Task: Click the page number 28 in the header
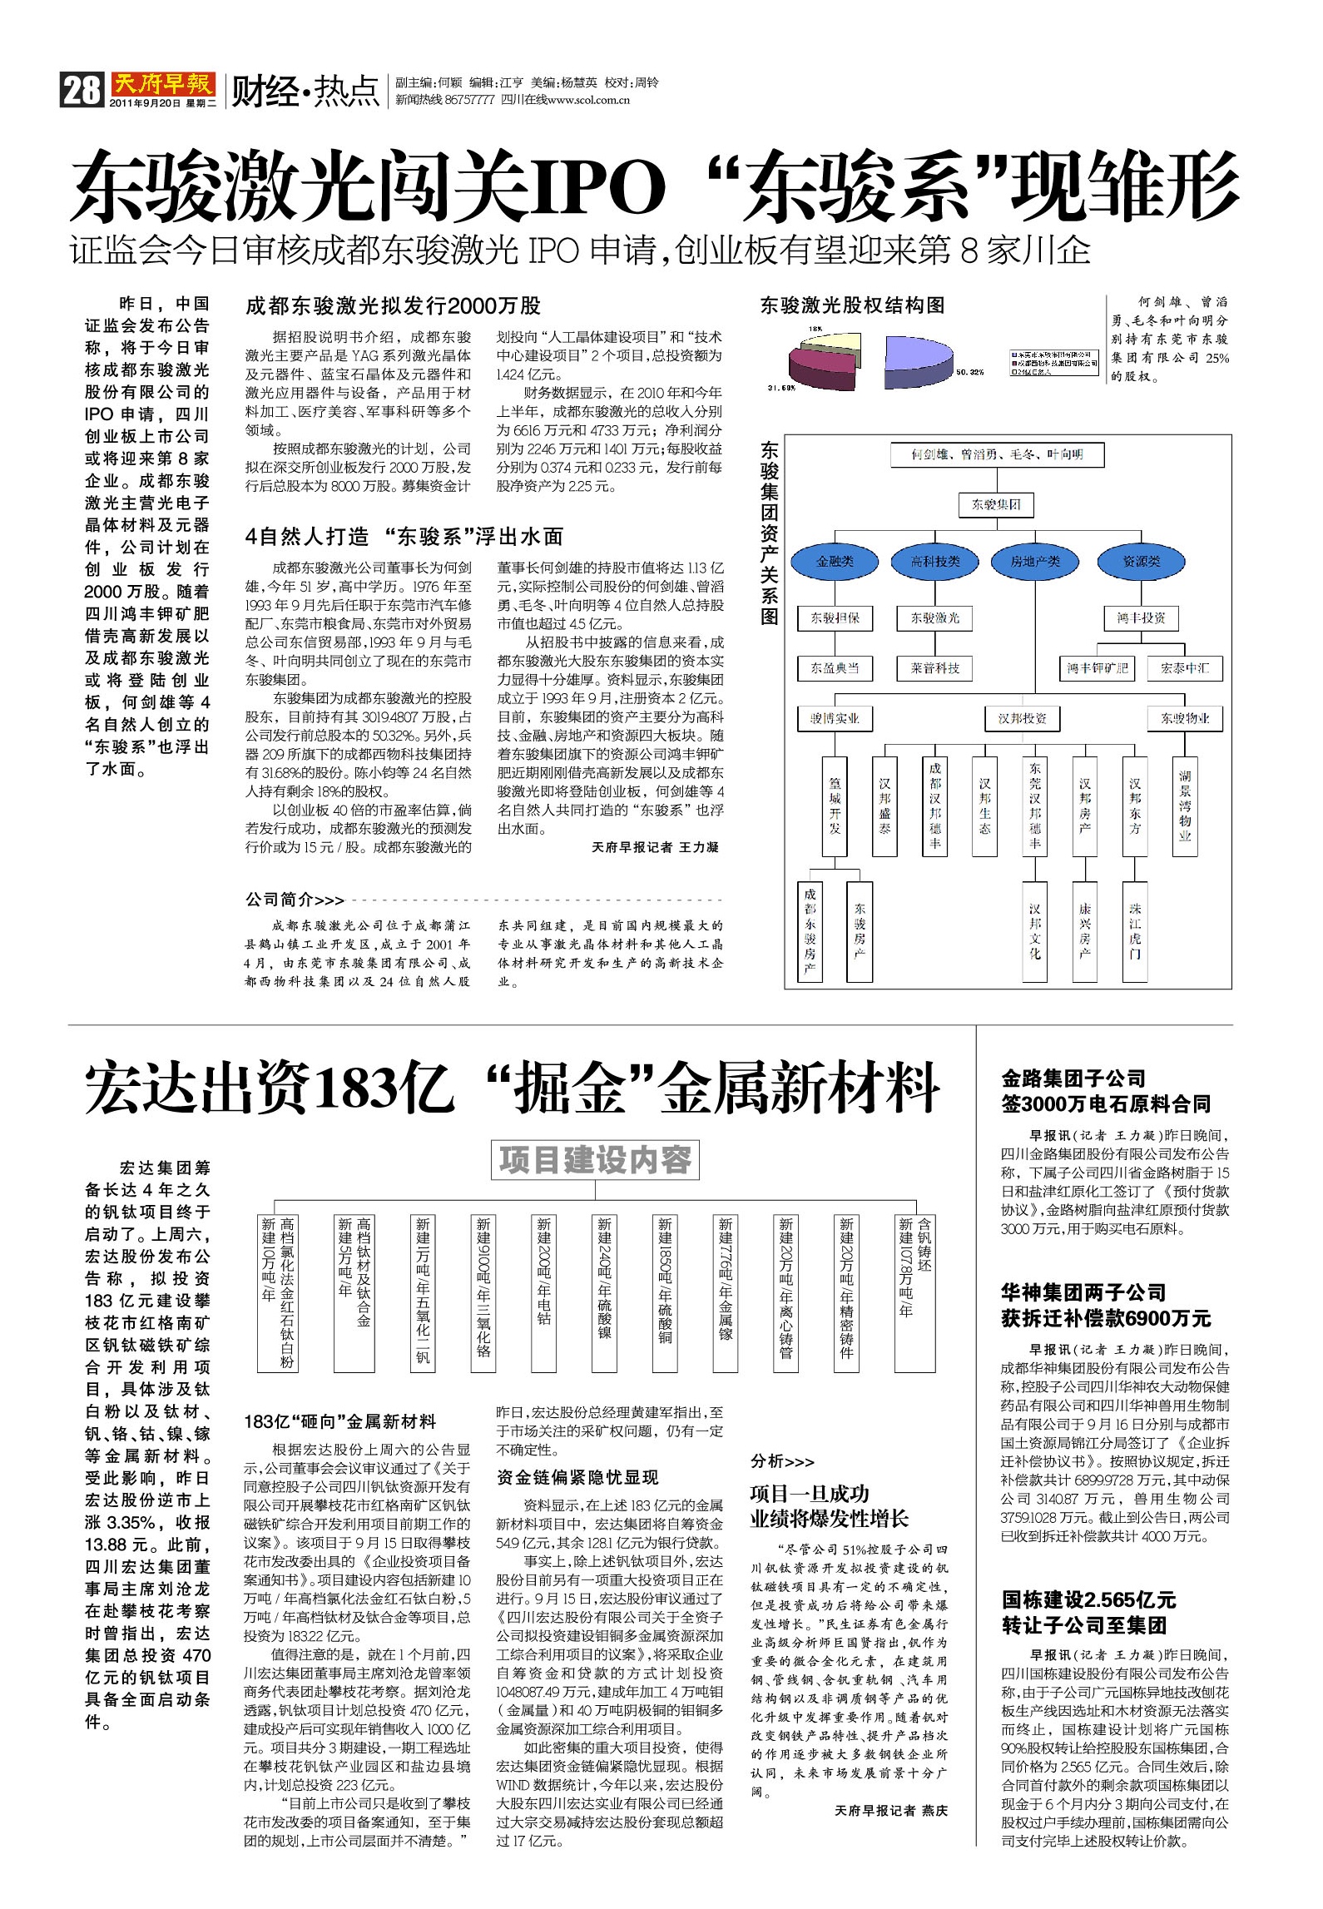(x=81, y=89)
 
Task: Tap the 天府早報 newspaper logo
(x=163, y=84)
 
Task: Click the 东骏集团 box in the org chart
(x=996, y=504)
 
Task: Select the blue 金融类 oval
(x=835, y=562)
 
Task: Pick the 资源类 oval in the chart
(x=1141, y=562)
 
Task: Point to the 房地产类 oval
(x=1035, y=562)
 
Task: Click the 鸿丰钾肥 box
(x=1098, y=668)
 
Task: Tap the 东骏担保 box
(x=835, y=618)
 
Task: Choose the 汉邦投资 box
(x=1022, y=718)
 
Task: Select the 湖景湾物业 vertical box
(x=1184, y=805)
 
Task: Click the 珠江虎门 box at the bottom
(x=1135, y=931)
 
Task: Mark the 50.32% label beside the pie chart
(x=969, y=372)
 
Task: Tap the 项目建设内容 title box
(x=595, y=1160)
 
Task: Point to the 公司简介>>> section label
(x=295, y=900)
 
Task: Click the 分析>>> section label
(x=782, y=1461)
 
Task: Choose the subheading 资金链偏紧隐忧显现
(x=577, y=1477)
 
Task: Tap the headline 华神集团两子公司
(x=1083, y=1292)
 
